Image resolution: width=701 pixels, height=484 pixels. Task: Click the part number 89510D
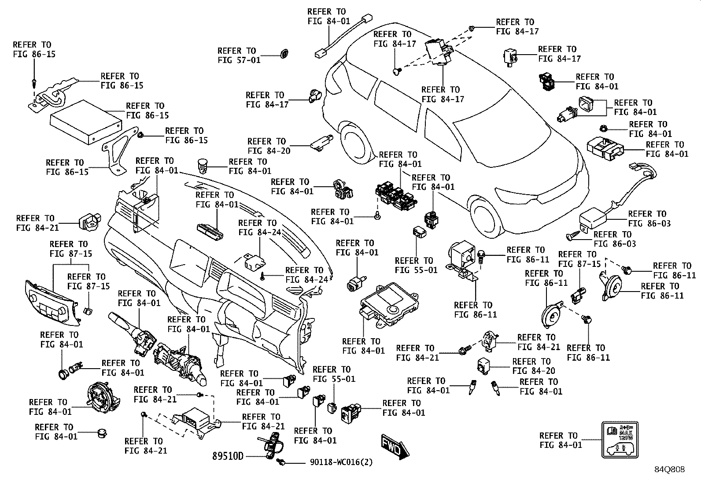(228, 456)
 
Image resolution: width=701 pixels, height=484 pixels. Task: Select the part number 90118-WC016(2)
(341, 462)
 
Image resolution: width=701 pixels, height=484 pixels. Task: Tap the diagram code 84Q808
(670, 469)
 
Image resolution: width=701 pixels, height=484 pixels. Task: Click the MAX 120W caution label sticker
(620, 440)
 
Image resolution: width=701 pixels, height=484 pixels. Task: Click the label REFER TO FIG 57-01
(239, 55)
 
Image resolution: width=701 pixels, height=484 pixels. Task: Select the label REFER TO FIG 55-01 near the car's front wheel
(416, 265)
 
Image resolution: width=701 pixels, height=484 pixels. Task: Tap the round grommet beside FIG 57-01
(284, 54)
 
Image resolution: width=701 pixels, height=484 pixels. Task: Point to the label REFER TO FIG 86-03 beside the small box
(649, 218)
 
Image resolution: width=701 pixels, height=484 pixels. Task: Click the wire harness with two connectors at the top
(343, 36)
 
